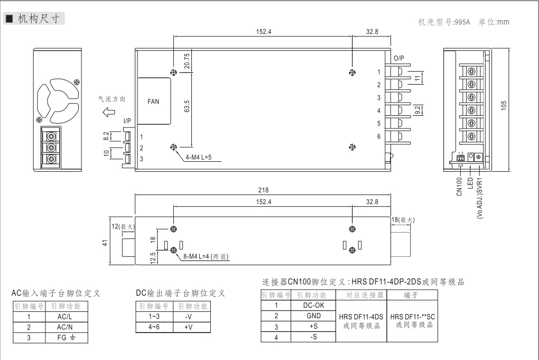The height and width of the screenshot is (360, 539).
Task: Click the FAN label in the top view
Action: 153,101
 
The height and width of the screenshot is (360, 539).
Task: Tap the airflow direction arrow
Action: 109,112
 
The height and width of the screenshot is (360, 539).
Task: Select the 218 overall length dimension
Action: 262,190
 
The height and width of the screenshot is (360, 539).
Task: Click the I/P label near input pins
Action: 127,121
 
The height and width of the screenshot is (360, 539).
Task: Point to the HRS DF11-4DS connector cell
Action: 361,320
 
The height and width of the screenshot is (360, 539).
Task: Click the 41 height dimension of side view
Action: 105,243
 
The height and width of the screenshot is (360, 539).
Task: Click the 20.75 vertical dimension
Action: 188,62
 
